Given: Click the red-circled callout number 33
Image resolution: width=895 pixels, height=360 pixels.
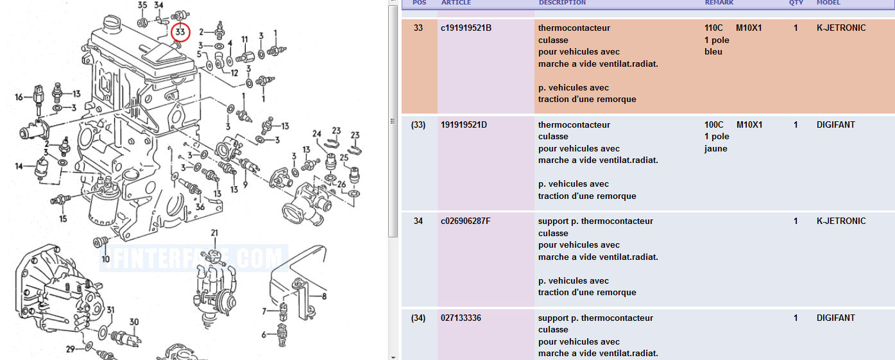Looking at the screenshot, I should [181, 31].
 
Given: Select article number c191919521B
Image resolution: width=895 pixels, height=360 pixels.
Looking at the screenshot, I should [466, 28].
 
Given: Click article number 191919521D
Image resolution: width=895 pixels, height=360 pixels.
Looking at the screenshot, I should [464, 124].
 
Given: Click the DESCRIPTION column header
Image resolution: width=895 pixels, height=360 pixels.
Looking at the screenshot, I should [562, 3].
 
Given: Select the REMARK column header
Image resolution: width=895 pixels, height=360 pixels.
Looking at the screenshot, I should [719, 3].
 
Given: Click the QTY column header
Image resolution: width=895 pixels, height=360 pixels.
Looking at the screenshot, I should [796, 3].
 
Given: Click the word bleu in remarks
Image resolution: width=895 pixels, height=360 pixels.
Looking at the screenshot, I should [713, 51].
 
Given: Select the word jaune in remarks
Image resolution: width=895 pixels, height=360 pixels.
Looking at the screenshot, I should [716, 148].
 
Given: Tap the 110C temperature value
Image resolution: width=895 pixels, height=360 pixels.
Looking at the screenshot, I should [714, 28].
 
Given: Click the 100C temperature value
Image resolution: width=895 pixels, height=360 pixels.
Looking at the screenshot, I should [714, 124].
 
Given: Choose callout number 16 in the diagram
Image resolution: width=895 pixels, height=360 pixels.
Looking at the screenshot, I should [19, 98].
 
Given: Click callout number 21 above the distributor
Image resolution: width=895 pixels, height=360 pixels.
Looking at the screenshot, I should [214, 232].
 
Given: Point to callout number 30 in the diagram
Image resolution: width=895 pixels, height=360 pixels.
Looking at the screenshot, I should [134, 321].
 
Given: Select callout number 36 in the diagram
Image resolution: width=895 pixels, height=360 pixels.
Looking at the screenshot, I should [200, 207].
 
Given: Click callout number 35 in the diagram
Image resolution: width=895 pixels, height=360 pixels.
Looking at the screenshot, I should [142, 5].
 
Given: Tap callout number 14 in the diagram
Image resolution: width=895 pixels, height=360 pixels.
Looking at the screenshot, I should [19, 166].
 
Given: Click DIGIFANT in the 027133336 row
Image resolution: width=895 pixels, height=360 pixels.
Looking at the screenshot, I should [835, 318].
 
